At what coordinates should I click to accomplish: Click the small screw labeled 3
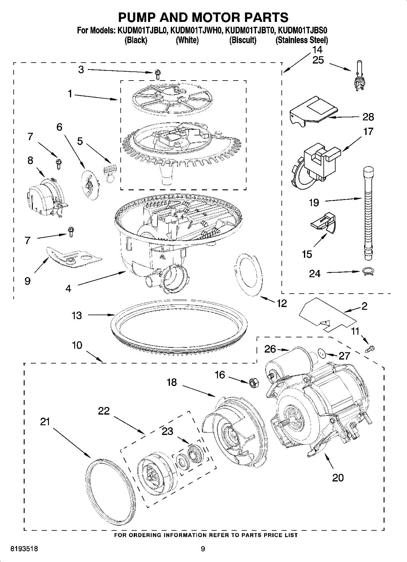[157, 72]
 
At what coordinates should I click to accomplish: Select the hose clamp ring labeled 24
[368, 271]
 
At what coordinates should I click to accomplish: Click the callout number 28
[368, 117]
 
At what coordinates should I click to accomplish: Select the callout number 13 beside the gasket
[77, 315]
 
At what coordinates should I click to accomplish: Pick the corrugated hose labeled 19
[368, 213]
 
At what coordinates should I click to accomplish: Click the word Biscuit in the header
[243, 40]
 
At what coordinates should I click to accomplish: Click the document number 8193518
[24, 549]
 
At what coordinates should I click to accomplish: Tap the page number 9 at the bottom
[203, 549]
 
